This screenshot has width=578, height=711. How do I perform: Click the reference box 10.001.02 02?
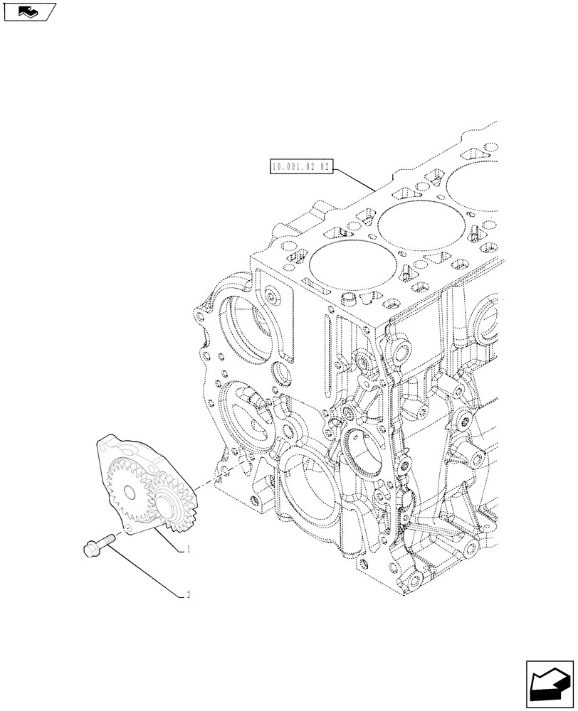point(301,168)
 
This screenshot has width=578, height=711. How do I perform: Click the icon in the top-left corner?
point(28,11)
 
